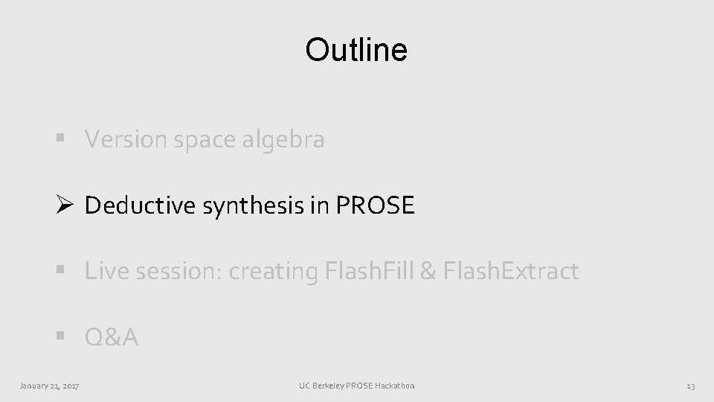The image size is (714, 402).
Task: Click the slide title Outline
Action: (356, 50)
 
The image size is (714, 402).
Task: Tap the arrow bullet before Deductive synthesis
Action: (63, 205)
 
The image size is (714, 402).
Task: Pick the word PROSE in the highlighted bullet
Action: (375, 205)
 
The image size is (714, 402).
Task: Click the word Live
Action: (102, 272)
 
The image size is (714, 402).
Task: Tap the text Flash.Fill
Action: (370, 272)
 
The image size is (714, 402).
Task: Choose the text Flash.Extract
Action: (509, 272)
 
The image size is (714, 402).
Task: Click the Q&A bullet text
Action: (112, 338)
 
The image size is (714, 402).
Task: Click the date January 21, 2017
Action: (51, 386)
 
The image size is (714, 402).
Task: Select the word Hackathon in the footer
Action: (395, 386)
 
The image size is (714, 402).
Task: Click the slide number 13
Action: (690, 386)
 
